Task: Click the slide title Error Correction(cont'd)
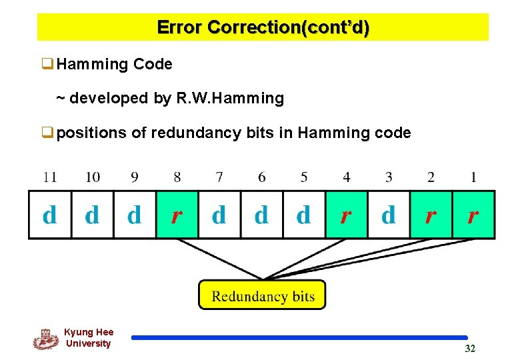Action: coord(263,27)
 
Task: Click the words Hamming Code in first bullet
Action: coord(115,65)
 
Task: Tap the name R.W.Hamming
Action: coord(230,99)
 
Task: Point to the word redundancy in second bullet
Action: coord(193,133)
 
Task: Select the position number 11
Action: coord(50,177)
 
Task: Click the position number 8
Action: coord(177,177)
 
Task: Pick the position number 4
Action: coord(346,177)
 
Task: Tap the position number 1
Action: coord(473,177)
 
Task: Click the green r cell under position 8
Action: coord(177,215)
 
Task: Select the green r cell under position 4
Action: coord(346,215)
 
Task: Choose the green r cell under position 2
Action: coord(431,215)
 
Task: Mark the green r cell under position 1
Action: coord(473,215)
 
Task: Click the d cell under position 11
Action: coord(50,215)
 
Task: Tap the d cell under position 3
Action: coord(388,215)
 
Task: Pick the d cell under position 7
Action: coord(219,215)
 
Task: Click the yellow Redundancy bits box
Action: coord(263,295)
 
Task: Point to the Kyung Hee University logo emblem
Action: coord(45,339)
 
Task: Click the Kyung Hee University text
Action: coord(89,338)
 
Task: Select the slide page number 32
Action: coord(470,349)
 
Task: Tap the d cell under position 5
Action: coord(304,215)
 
